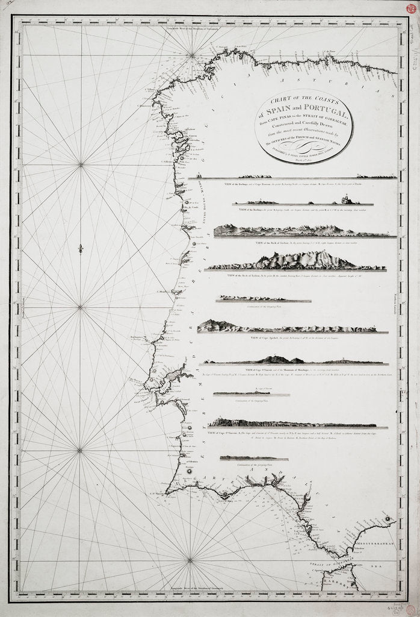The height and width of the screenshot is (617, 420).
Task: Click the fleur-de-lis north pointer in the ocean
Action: point(80,248)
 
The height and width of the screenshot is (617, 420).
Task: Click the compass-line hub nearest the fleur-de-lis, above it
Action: point(81,164)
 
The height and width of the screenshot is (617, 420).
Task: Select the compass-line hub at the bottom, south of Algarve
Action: point(190,560)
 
